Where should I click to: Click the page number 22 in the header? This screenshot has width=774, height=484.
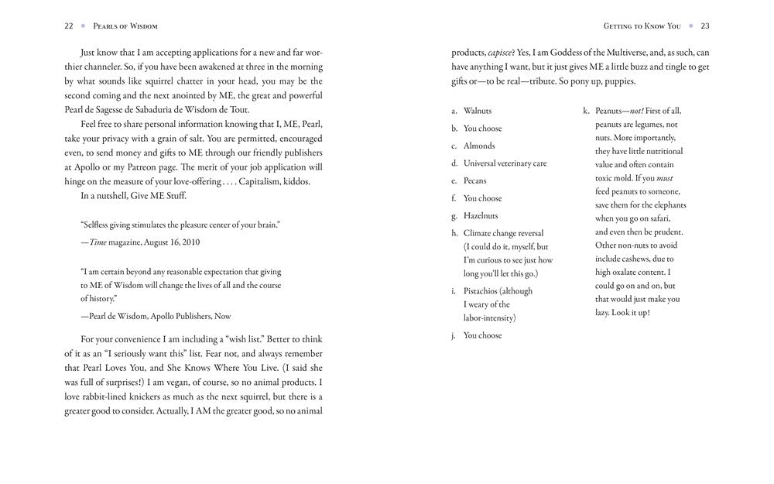[x=69, y=26]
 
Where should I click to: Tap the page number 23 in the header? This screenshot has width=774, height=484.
[x=704, y=26]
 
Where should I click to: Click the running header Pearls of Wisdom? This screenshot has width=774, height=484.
[x=125, y=26]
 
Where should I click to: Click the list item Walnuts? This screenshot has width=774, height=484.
[x=478, y=111]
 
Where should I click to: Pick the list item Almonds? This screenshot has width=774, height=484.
[x=479, y=146]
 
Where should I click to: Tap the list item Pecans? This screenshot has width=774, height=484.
[x=476, y=180]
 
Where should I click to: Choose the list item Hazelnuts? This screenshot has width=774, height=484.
[x=481, y=216]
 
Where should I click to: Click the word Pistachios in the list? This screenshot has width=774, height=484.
[x=481, y=291]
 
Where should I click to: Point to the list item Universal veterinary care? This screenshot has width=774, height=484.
[x=505, y=163]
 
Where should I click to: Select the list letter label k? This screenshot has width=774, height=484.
[x=586, y=111]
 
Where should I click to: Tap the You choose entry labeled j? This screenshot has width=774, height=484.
[x=482, y=335]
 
